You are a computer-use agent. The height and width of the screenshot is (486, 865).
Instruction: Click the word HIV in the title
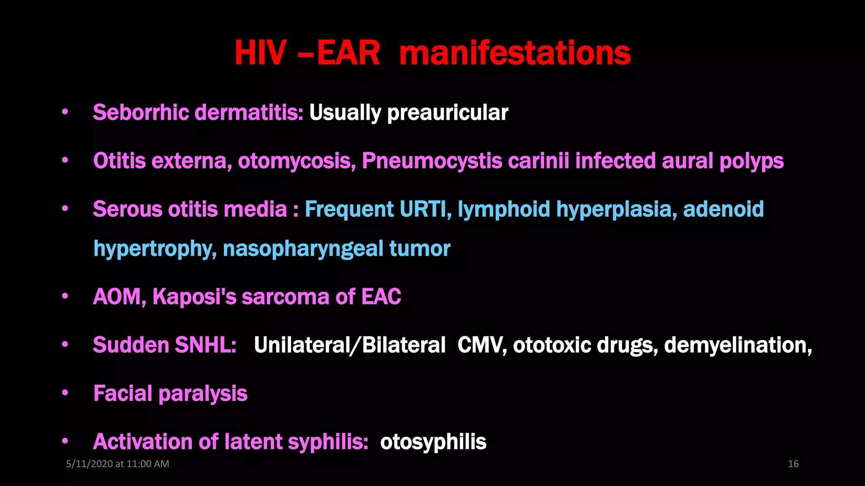[260, 53]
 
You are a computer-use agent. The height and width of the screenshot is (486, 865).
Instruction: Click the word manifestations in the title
[514, 53]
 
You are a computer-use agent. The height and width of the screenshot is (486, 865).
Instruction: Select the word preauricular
[447, 113]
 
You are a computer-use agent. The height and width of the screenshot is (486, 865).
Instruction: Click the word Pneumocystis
[432, 161]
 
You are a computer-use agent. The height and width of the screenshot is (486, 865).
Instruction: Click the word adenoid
[723, 209]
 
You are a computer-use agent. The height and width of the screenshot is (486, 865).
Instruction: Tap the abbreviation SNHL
[205, 345]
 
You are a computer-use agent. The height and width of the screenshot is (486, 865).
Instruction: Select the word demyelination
[737, 345]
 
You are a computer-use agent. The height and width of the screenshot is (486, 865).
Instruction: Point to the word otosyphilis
[433, 442]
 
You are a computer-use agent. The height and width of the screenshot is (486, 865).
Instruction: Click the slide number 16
[793, 464]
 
